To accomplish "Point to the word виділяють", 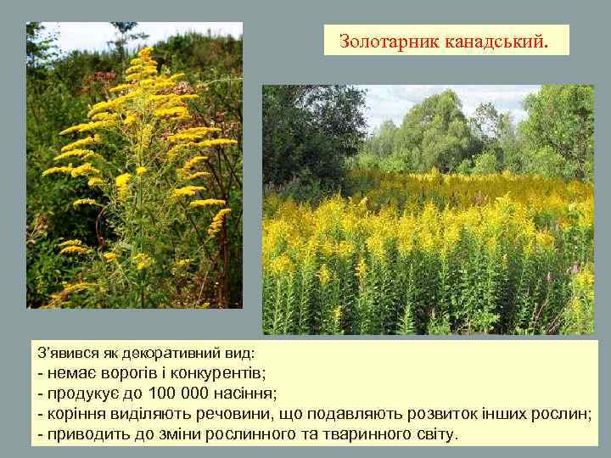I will tap(144, 414).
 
